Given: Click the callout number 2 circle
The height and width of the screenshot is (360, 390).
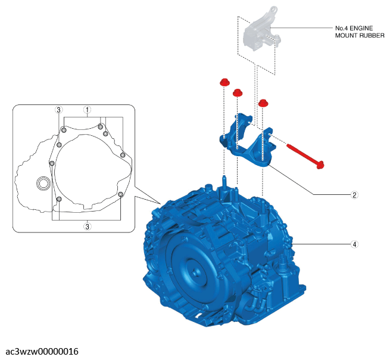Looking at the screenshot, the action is click(x=354, y=195).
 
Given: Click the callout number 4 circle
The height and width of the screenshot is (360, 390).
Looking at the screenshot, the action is click(x=354, y=244).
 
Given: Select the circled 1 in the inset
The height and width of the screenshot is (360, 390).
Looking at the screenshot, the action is click(x=87, y=110).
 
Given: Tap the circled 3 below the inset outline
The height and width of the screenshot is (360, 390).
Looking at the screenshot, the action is click(x=87, y=226).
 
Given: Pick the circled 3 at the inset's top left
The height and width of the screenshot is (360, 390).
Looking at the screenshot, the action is click(x=58, y=110).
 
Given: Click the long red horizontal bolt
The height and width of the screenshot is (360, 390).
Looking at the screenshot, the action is click(x=305, y=156).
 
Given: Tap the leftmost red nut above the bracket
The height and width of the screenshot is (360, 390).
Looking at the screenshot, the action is click(x=224, y=82).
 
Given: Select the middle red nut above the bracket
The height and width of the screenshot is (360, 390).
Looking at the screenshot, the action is click(x=238, y=92).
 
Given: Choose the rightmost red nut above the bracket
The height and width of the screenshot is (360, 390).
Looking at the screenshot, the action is click(x=263, y=103).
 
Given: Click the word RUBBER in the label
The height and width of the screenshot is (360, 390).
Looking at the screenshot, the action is click(x=372, y=36).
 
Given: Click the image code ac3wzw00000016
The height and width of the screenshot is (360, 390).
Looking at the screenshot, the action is click(x=42, y=352).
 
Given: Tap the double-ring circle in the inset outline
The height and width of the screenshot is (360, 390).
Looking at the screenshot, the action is click(x=43, y=184).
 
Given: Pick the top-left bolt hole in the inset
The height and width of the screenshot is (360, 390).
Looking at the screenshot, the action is click(x=64, y=130).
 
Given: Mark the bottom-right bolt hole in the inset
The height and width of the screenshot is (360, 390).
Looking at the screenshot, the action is click(x=120, y=194).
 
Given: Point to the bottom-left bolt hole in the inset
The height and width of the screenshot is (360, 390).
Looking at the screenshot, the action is click(x=59, y=199).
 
